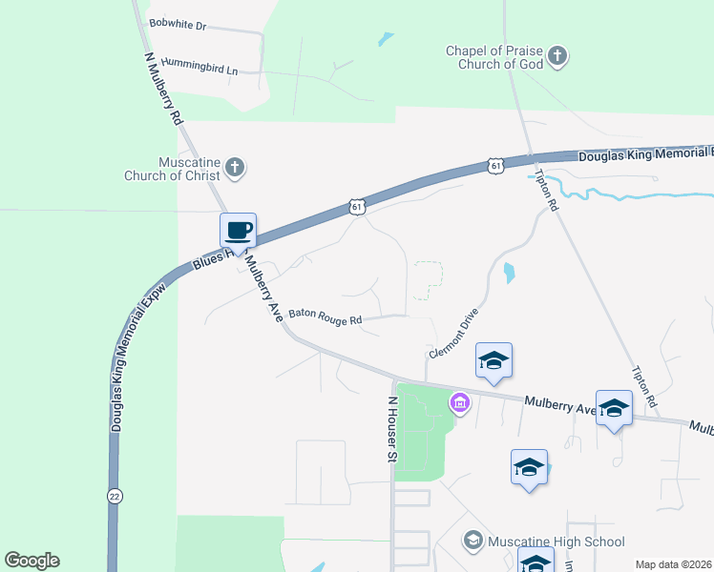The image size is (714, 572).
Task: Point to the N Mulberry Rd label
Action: [163, 90]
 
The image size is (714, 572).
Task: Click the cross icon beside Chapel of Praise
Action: [558, 56]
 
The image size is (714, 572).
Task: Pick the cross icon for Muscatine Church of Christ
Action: [236, 170]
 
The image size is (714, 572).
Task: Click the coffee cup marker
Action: [238, 231]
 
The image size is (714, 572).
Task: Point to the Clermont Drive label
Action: [453, 334]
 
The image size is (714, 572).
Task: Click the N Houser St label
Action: [390, 430]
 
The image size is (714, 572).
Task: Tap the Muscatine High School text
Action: [556, 541]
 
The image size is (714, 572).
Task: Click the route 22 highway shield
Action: [115, 496]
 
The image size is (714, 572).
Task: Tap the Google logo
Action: [31, 561]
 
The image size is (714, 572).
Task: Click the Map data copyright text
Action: [673, 564]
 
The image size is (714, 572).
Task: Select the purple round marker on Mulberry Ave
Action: [459, 403]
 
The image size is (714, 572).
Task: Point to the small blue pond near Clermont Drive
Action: [509, 273]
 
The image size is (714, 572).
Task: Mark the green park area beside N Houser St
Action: [420, 429]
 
